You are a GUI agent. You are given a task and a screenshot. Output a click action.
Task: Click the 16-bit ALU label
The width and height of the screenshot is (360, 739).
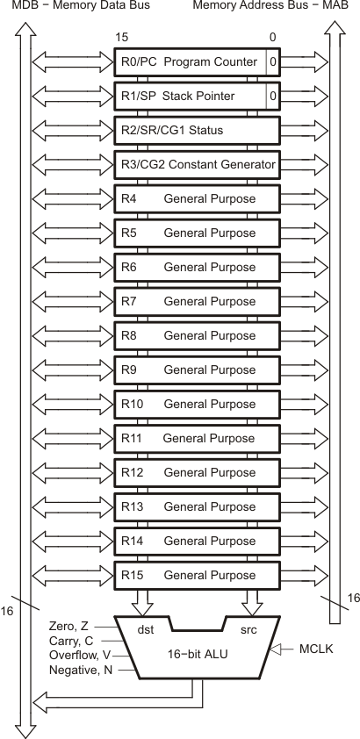coord(198,655)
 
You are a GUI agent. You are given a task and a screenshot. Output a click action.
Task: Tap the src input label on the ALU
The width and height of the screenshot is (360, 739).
coord(248,630)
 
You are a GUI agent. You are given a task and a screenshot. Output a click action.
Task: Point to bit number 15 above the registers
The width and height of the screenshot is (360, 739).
coord(122,39)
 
